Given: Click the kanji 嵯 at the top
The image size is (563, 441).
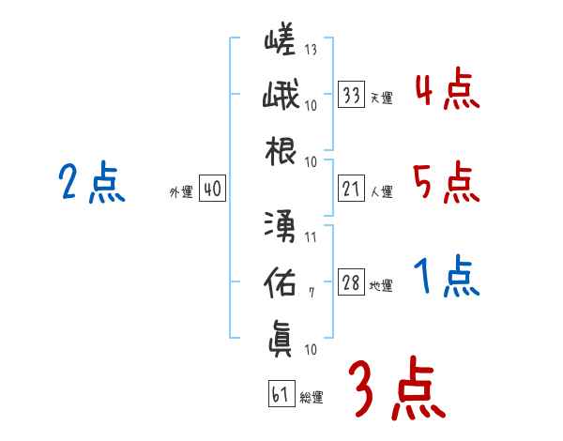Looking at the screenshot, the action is tap(281, 43).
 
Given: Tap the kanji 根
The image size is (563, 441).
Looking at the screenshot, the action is tap(281, 152).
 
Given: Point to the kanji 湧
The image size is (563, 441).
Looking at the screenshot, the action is tap(281, 225).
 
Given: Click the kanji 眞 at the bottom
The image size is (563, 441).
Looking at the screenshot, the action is tap(281, 336).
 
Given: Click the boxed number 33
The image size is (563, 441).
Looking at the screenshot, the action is tap(352, 96).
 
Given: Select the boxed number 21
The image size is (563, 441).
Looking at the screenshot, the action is tap(352, 190).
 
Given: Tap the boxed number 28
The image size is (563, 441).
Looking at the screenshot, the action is tap(352, 283).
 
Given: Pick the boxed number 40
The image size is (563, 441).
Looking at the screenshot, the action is tap(211, 190).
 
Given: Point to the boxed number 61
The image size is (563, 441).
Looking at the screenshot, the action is tap(280, 394).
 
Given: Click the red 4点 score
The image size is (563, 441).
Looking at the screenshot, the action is tap(446, 91).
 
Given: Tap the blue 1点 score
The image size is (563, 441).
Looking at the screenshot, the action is tap(446, 277).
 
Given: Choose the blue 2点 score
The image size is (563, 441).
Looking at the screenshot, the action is tap(91, 183).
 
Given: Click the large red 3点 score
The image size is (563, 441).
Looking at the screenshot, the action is tap(394, 387).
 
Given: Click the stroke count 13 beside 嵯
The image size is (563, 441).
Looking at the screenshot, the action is tap(311, 50).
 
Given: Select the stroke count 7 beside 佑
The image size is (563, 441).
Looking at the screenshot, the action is tap(311, 292).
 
